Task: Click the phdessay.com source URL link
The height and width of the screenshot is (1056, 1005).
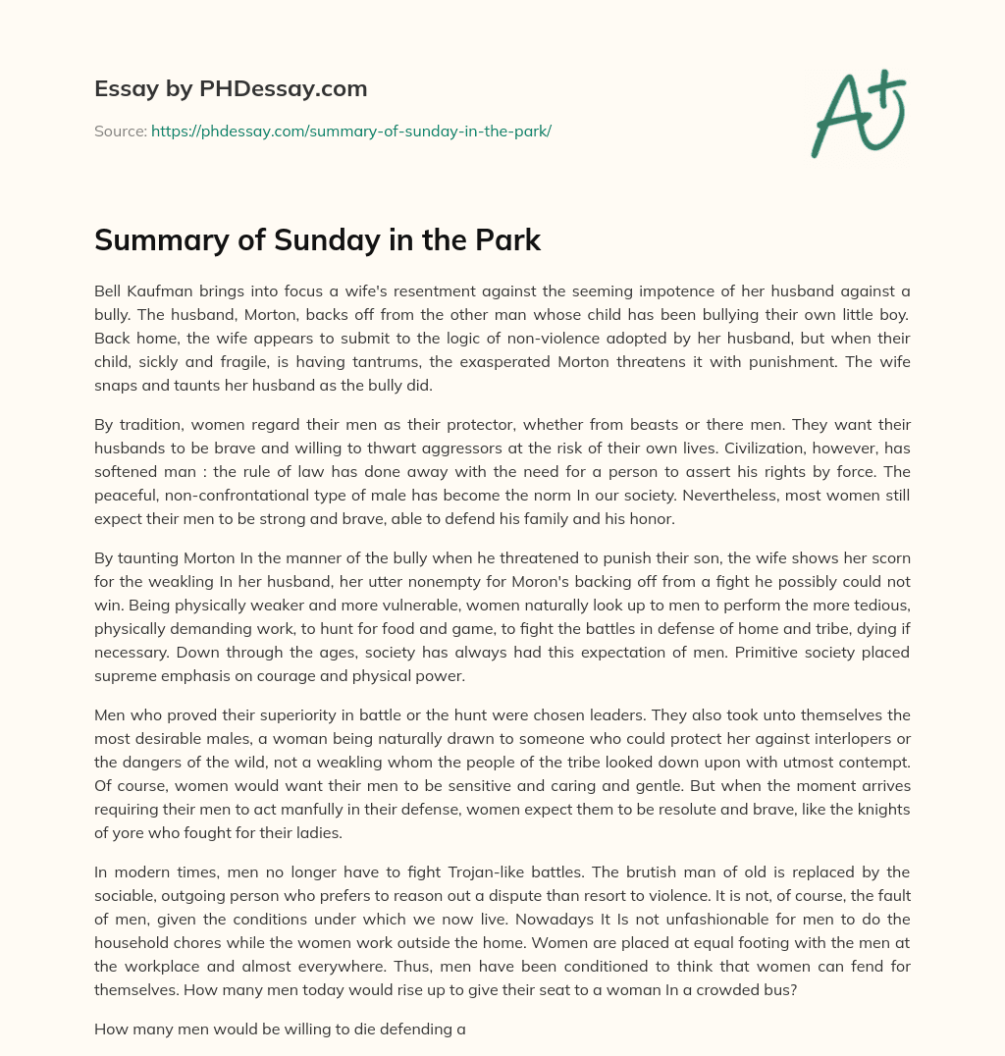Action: pyautogui.click(x=351, y=131)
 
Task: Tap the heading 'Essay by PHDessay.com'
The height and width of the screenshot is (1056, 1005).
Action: pyautogui.click(x=231, y=89)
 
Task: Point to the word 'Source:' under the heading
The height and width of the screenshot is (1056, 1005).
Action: pyautogui.click(x=120, y=131)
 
